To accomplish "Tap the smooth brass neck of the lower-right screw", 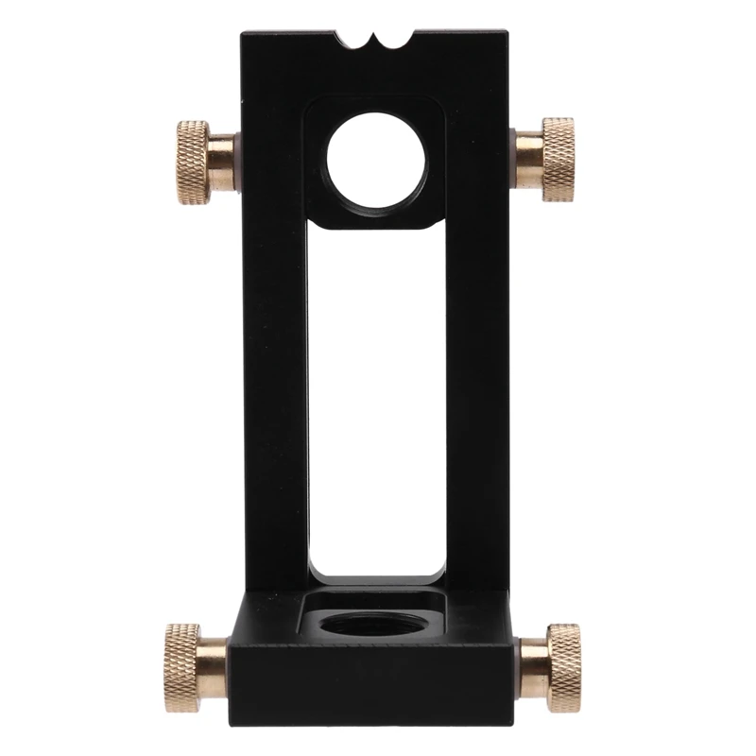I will tap(532, 655).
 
